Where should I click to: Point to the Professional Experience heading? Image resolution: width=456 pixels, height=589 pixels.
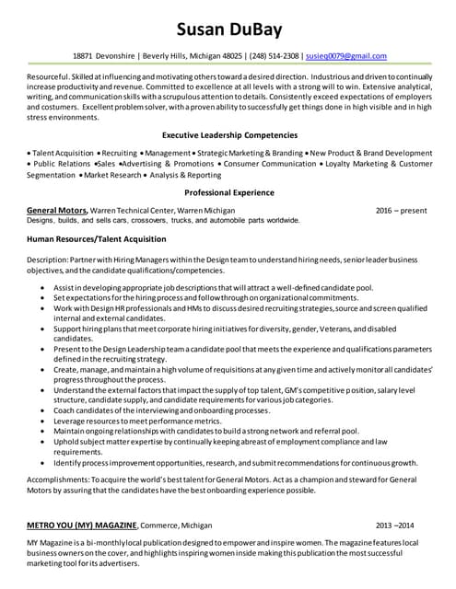coord(228,192)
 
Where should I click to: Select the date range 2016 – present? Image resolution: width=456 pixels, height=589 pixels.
coord(402,211)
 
